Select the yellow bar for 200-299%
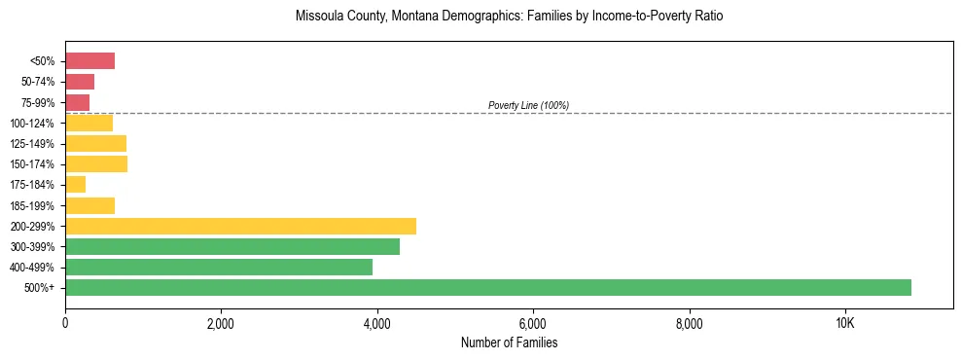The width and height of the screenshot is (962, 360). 240,226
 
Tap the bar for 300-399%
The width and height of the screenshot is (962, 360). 232,247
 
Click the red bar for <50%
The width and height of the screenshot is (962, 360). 89,61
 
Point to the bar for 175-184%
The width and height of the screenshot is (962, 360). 76,185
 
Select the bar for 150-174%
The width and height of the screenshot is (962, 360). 96,164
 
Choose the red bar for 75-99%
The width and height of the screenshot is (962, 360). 78,102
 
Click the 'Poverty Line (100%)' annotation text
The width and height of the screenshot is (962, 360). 528,105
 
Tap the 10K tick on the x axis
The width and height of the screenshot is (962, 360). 844,324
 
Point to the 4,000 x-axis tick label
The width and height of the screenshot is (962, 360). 376,324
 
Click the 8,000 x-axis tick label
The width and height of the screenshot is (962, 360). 689,324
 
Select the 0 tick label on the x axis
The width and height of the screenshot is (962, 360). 65,324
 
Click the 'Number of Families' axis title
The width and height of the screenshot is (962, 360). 509,342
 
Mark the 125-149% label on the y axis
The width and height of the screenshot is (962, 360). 32,144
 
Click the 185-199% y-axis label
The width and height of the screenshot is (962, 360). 32,206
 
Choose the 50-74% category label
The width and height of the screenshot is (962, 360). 35,82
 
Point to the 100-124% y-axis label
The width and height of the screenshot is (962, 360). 32,124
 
